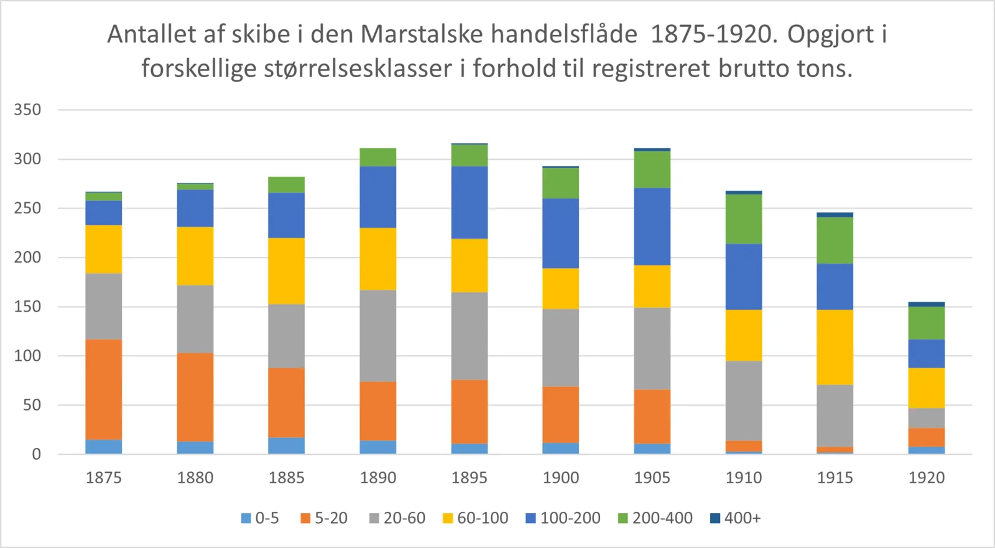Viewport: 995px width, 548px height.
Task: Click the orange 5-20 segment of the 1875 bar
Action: (x=104, y=389)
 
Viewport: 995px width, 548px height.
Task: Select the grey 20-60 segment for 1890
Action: (x=378, y=336)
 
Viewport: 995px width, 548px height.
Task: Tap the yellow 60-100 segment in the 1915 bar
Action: (x=835, y=347)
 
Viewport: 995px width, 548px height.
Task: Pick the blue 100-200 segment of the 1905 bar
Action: (x=652, y=226)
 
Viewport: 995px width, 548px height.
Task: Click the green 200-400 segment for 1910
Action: (x=744, y=219)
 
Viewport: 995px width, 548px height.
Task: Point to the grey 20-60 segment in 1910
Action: (x=744, y=401)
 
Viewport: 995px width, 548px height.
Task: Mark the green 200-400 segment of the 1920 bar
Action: (x=927, y=323)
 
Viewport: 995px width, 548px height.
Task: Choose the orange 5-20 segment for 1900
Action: (x=561, y=414)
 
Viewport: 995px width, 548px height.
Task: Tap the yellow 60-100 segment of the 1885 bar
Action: (x=287, y=271)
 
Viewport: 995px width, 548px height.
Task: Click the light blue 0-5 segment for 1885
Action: (x=287, y=445)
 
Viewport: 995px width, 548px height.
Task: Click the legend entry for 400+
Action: (x=736, y=518)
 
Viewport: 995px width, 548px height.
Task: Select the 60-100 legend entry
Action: (x=476, y=518)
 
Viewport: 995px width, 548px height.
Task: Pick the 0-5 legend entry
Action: (x=261, y=518)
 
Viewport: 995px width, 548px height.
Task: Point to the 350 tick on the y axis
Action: (x=27, y=110)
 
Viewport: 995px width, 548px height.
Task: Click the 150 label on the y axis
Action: (x=27, y=307)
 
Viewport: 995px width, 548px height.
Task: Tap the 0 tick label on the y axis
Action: (x=37, y=454)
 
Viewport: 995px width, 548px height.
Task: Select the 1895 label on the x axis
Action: (x=470, y=478)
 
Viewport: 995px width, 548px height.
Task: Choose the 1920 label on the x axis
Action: (x=927, y=478)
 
